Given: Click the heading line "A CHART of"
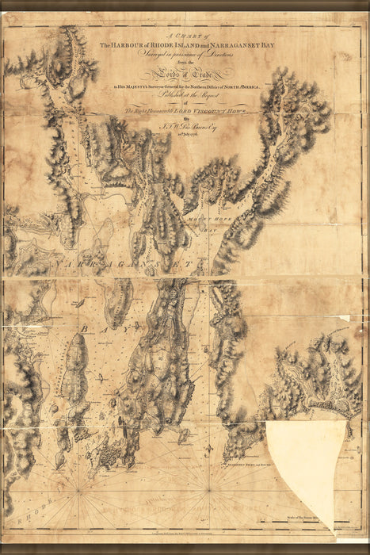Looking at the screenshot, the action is (x=185, y=38).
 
